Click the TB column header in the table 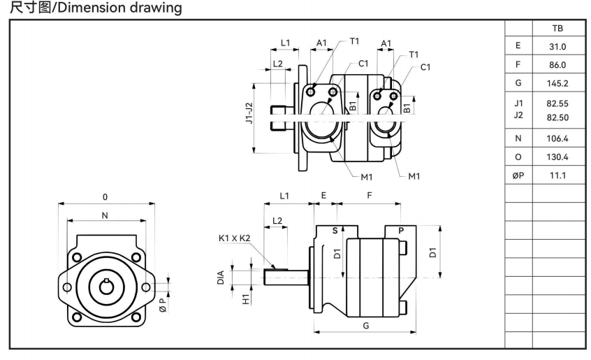(557, 29)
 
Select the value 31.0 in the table (557, 47)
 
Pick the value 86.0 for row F (557, 65)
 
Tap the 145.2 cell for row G (557, 84)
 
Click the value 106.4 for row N (557, 138)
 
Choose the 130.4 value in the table (557, 157)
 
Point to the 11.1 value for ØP (557, 175)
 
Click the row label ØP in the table (518, 175)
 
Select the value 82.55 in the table (557, 103)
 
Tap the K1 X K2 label (235, 238)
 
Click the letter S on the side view (334, 230)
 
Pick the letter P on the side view (401, 230)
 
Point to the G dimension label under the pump (365, 325)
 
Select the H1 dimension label (245, 298)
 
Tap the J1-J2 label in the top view (249, 115)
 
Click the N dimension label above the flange (105, 215)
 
